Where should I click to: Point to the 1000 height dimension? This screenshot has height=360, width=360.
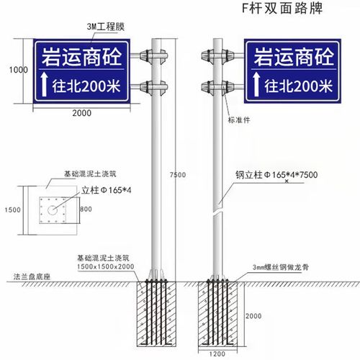pyautogui.click(x=18, y=70)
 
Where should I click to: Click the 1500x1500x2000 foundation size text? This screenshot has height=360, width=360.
pyautogui.click(x=106, y=266)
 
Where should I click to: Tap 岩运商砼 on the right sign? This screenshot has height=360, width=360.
pyautogui.click(x=292, y=54)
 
